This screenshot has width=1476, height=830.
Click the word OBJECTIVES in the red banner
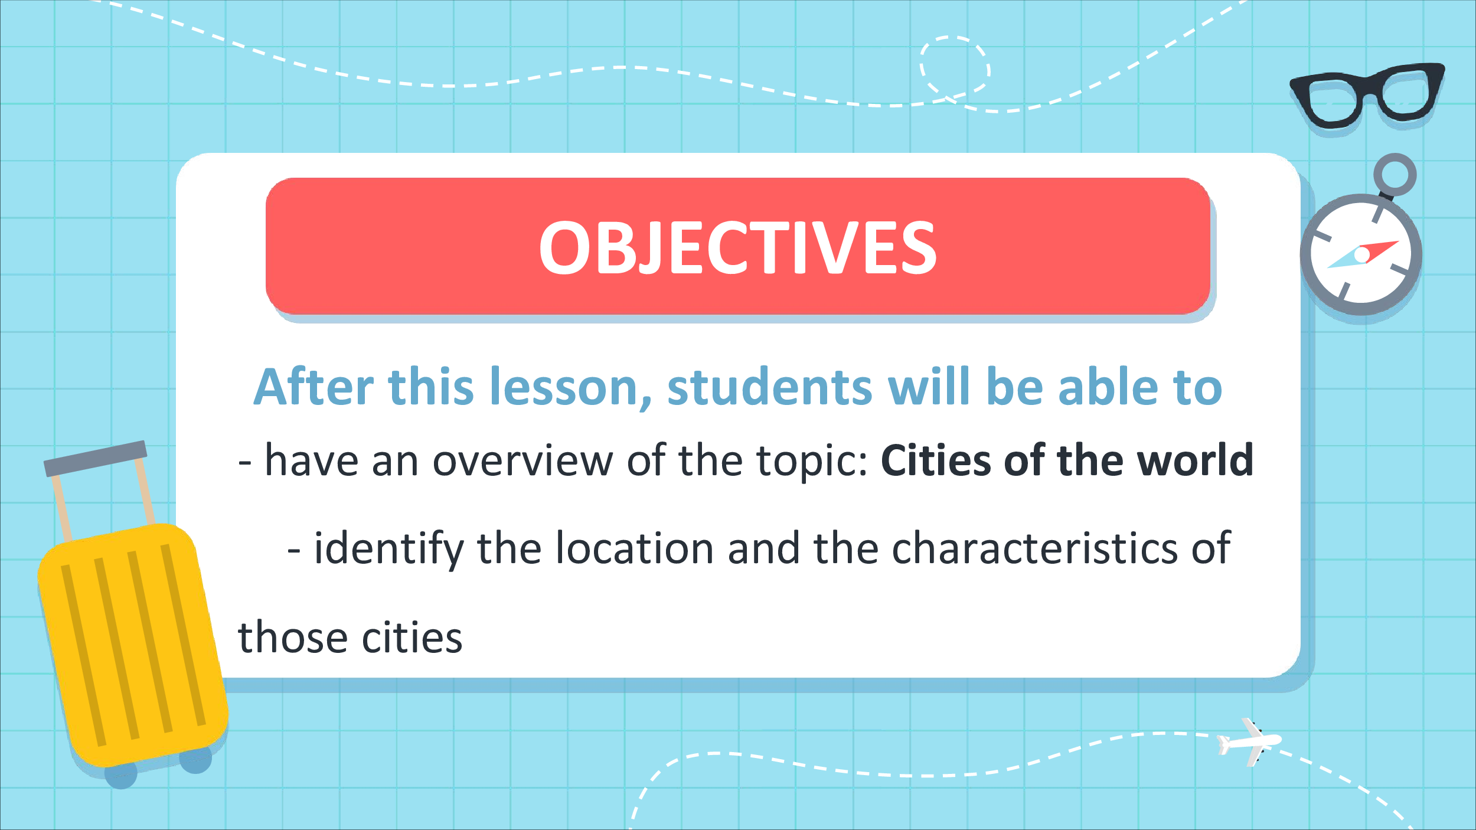(737, 247)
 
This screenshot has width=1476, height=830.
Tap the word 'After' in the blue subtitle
(314, 387)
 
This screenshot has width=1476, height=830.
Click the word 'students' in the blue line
(769, 387)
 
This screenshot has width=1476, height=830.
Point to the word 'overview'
(523, 460)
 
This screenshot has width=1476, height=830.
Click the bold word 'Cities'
(936, 460)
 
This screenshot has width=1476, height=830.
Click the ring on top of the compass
(1395, 175)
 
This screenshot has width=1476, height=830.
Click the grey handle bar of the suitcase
(96, 458)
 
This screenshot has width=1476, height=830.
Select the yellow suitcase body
(133, 645)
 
